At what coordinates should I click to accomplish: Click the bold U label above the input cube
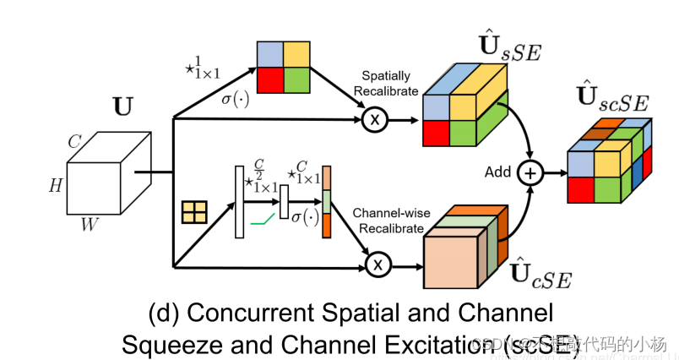[x=123, y=108]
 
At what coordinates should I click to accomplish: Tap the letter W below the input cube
[x=89, y=224]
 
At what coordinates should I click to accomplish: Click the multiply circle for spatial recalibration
[x=376, y=120]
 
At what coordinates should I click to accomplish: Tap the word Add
[x=498, y=172]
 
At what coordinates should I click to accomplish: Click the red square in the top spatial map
[x=271, y=80]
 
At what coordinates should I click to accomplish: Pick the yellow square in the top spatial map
[x=296, y=54]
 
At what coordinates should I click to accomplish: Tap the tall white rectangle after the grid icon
[x=238, y=202]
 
